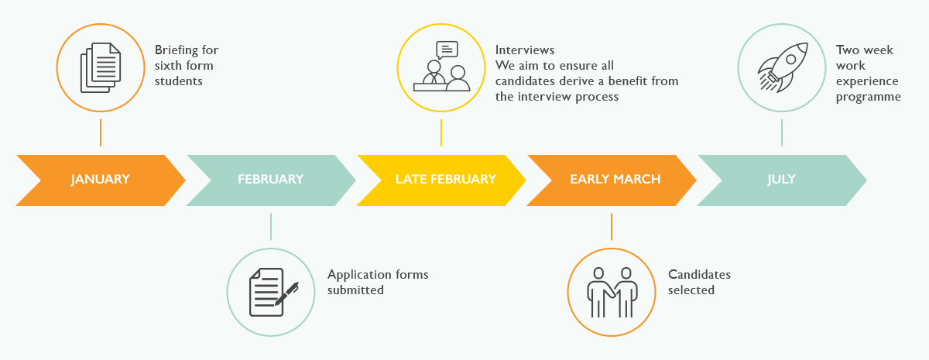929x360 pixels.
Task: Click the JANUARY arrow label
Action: [101, 179]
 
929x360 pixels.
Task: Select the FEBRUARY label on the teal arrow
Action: [270, 179]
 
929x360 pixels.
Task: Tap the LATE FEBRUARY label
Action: [446, 179]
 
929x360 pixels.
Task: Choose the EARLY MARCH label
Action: [615, 179]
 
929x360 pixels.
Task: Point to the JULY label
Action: [781, 179]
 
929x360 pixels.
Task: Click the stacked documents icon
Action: [101, 67]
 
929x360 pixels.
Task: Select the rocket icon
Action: [783, 67]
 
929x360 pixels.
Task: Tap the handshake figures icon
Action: [612, 293]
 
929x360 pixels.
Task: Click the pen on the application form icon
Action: [286, 293]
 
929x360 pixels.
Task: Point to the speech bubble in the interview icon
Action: [447, 50]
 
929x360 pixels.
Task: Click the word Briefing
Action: [177, 50]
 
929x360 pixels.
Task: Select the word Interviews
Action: [525, 50]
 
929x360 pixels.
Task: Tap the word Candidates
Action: [699, 275]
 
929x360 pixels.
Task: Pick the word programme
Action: [869, 98]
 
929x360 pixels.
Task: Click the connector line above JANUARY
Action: [101, 132]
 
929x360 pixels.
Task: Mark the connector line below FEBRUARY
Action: [271, 227]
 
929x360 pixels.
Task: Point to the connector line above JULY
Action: [782, 132]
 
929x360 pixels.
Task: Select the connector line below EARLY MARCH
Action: [612, 227]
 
